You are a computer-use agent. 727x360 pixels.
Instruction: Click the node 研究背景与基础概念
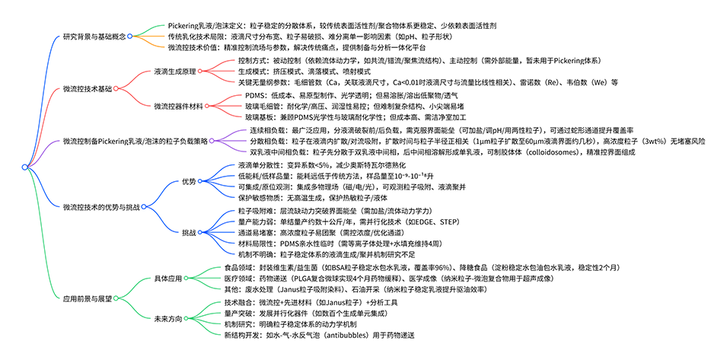pos(94,36)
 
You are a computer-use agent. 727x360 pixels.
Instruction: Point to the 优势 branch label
pos(189,181)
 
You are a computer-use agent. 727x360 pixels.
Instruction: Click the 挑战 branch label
pos(189,231)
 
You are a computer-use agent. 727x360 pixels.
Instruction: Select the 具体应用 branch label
pos(168,279)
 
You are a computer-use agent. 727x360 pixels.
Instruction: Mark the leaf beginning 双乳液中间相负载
pos(426,152)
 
